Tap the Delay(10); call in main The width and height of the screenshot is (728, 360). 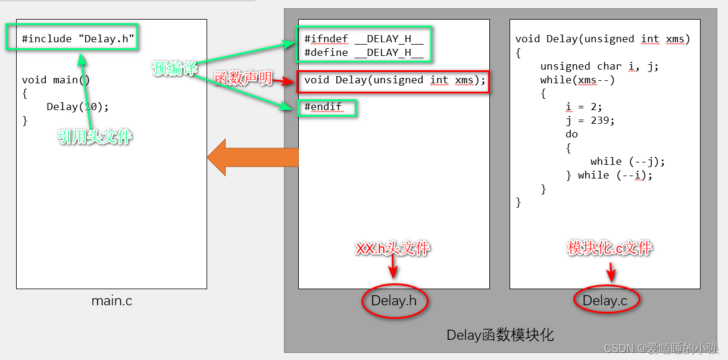point(78,107)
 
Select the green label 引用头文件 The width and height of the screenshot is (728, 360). point(95,137)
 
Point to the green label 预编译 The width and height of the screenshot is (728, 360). point(174,69)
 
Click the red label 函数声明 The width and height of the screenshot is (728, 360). point(243,77)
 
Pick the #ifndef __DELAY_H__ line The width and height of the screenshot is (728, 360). point(364,39)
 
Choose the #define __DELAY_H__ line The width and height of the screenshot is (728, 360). point(364,52)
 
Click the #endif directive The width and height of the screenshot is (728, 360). point(324,107)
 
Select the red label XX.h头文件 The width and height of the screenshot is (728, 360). point(392,248)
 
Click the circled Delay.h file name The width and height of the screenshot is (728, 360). point(393,301)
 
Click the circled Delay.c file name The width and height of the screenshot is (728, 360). point(605,301)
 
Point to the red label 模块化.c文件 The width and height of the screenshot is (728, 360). point(610,248)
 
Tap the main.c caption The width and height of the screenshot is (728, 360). point(112,301)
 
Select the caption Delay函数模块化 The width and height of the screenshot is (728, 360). point(500,336)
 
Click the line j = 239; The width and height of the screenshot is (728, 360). point(590,120)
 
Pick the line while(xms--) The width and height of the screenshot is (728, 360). point(577,80)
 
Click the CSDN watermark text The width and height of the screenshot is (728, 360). point(661,348)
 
